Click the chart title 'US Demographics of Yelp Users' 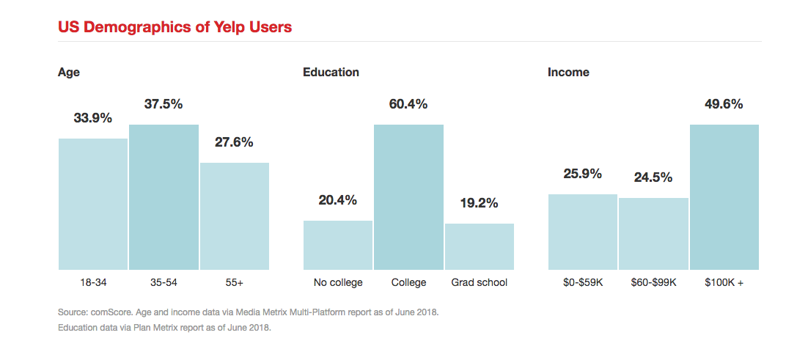tap(175, 27)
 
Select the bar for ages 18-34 tap(92, 204)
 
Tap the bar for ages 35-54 tap(164, 196)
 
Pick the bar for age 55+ tap(235, 216)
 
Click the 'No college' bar tap(337, 245)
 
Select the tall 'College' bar tap(408, 196)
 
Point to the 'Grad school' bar tap(480, 246)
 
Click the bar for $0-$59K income tap(583, 232)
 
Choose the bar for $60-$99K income tap(653, 233)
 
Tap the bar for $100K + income tap(724, 196)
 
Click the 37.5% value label tap(164, 104)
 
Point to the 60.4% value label tap(408, 104)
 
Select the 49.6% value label tap(724, 104)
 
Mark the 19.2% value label tap(480, 203)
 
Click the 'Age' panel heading tap(69, 72)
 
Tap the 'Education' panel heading tap(331, 72)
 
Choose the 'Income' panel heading tap(568, 72)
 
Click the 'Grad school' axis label tap(480, 282)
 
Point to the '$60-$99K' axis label tap(653, 282)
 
